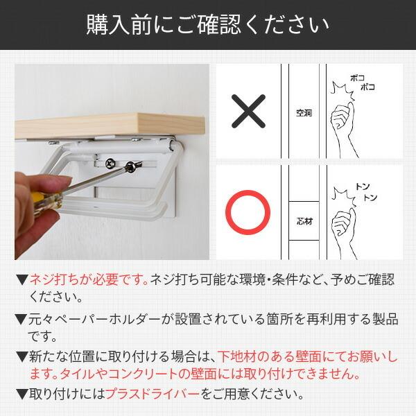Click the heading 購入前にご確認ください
(x=208, y=25)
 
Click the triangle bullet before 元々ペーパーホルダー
(x=20, y=319)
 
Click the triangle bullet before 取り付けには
(x=20, y=395)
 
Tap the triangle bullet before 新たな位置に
(x=20, y=357)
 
